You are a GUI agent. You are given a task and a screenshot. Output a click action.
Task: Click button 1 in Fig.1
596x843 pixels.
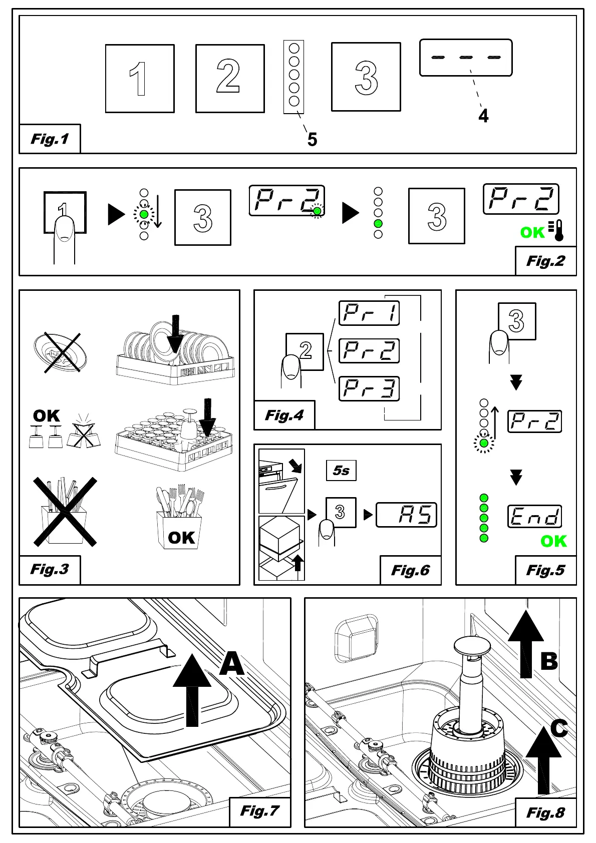[140, 79]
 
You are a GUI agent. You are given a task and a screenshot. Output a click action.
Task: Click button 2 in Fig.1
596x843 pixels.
[230, 79]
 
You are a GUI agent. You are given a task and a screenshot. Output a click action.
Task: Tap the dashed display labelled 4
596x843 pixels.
[466, 58]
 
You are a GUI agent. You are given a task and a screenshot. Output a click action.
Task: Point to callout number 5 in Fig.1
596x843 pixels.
[312, 139]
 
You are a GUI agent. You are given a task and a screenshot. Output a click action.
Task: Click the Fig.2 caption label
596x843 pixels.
[545, 261]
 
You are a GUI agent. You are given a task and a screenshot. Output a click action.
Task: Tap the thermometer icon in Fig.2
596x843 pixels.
[557, 230]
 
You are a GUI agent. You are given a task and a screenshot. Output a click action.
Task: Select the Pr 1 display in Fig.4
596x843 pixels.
[369, 313]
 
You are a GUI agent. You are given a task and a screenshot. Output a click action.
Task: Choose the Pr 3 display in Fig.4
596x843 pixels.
[369, 389]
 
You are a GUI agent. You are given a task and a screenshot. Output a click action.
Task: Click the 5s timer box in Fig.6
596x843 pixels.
[341, 471]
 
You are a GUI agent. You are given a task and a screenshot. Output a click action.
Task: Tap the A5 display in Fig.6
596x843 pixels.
[406, 515]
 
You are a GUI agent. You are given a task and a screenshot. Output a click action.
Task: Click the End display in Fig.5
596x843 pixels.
[534, 517]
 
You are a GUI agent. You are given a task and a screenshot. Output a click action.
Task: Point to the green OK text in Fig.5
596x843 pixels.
[553, 541]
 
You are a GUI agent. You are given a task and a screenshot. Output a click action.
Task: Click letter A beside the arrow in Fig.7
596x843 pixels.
[232, 664]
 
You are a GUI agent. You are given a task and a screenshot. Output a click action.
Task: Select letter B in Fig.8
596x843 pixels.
[549, 661]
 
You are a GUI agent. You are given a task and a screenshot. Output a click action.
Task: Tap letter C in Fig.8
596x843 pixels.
[558, 728]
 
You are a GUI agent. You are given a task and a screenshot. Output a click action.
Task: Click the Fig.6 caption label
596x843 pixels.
[410, 570]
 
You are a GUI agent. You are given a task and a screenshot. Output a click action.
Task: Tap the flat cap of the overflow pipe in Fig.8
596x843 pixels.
[471, 646]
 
